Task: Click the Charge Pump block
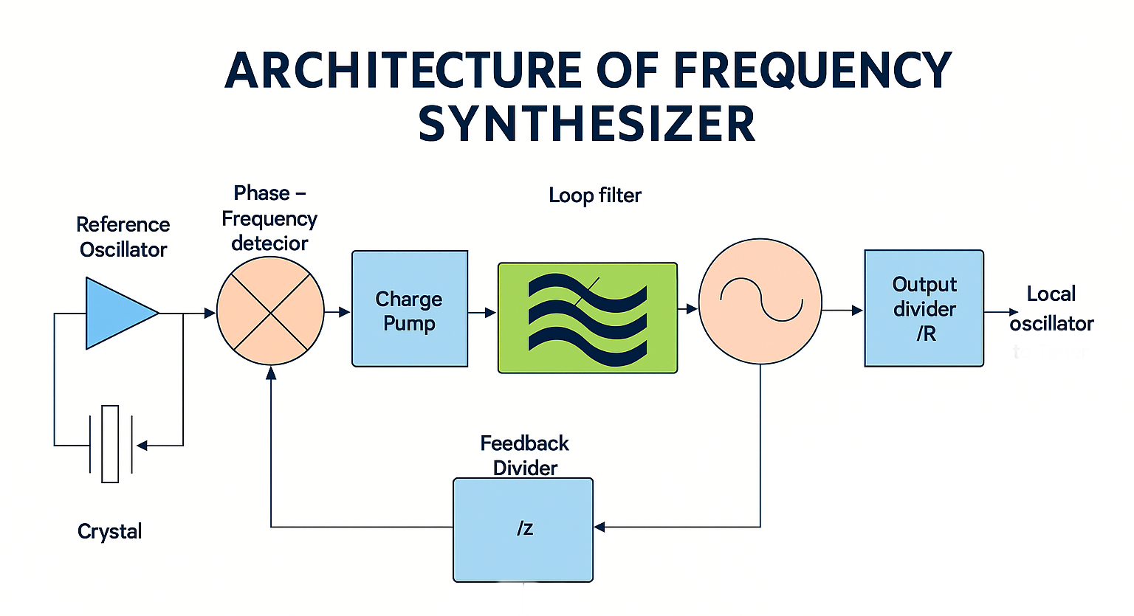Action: [410, 309]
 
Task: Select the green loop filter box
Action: [588, 317]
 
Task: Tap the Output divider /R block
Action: [924, 308]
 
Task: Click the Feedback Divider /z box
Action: [523, 530]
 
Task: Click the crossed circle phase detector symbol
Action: [270, 311]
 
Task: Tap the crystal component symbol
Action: [110, 444]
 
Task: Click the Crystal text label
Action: [109, 531]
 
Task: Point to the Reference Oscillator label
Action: [123, 237]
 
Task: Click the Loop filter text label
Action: [595, 195]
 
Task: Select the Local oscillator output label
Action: [1051, 308]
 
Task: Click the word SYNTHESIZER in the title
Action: [587, 124]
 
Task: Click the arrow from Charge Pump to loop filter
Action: [483, 313]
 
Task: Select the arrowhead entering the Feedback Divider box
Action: [599, 527]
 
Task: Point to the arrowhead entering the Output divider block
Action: [857, 311]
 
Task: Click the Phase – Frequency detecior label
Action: [269, 218]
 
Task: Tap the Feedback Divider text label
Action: [524, 455]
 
